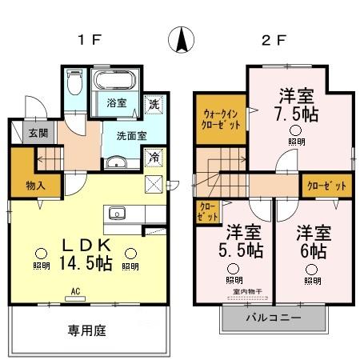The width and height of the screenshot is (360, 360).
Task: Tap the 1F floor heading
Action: [88, 40]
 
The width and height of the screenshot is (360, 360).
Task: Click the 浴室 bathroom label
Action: [117, 102]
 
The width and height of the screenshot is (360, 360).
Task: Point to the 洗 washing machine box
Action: [153, 103]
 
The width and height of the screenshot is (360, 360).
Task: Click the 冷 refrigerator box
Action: [153, 158]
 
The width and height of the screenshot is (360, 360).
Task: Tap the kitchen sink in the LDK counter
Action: [117, 214]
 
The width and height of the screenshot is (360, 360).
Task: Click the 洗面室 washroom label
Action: [130, 136]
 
